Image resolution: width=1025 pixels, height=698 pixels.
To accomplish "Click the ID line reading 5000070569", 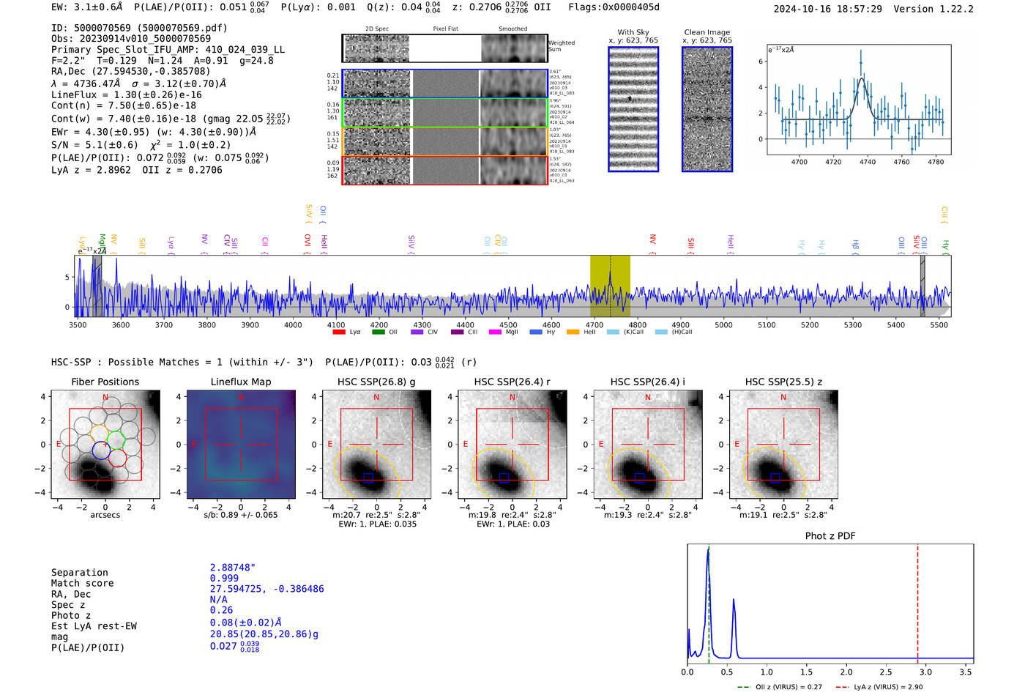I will coord(139,28).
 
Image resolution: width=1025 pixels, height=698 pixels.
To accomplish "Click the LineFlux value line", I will coord(126,94).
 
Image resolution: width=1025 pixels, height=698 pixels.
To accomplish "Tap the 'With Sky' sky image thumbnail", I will coord(633,109).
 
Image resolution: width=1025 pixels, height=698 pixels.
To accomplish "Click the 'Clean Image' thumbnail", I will coord(707,109).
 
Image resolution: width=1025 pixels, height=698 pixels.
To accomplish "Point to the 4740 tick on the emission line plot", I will coord(868,162).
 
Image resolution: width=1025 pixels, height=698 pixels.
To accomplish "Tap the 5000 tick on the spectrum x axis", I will coord(723,324).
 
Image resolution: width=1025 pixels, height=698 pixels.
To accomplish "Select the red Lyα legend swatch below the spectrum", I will coord(339,333).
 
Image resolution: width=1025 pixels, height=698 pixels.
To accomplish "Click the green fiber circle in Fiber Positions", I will coord(116,440).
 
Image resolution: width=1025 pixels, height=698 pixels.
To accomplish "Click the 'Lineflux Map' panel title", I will coord(240,382).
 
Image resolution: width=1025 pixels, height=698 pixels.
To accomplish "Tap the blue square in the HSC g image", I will coord(368,478).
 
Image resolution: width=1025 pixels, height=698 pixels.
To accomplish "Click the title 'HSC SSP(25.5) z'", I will coord(783,382).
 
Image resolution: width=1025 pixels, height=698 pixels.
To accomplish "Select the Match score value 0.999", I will coord(224,578).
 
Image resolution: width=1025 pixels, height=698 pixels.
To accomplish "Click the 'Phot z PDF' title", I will coord(830,536).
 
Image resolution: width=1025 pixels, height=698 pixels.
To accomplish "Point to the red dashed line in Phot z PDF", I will coord(917,601).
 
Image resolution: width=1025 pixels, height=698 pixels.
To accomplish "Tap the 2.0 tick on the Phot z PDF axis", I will coord(846,672).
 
